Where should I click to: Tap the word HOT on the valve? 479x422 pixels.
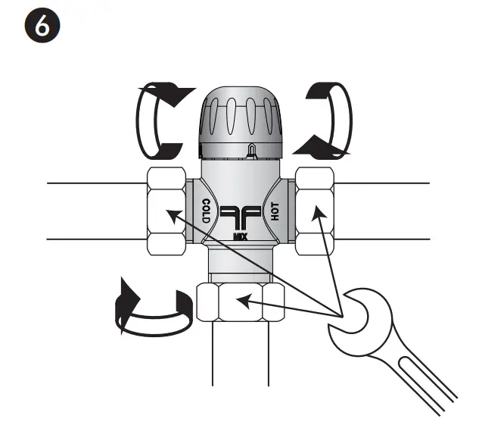(276, 211)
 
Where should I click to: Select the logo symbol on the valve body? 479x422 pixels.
(241, 217)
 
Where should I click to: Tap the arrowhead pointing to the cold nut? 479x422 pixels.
(173, 216)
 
